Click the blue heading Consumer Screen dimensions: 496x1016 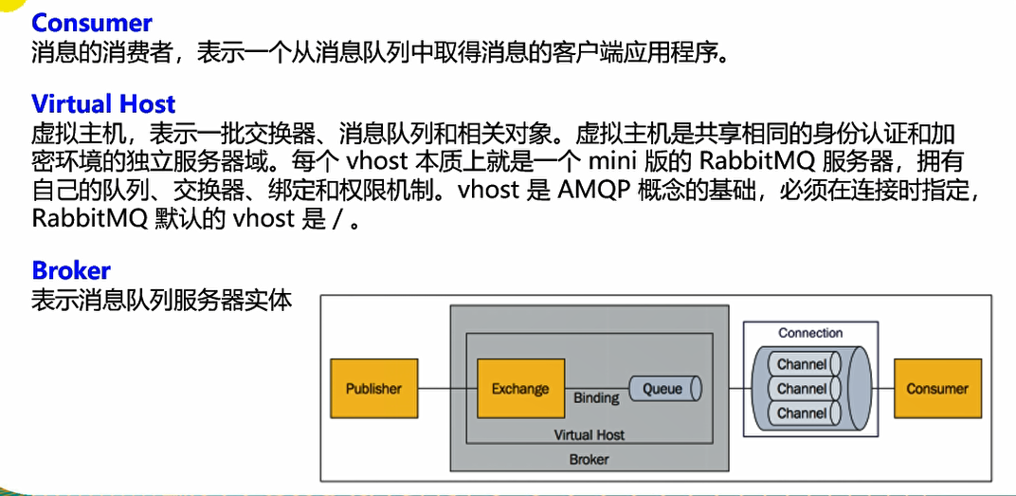click(92, 23)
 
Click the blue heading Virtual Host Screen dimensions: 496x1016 click(103, 103)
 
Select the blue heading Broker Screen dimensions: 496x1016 click(71, 270)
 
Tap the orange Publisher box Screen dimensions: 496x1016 click(373, 389)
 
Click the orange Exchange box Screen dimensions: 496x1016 click(520, 389)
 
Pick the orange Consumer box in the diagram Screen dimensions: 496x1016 click(936, 389)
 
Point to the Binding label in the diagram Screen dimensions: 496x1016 click(596, 399)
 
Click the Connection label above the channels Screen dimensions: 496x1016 click(810, 333)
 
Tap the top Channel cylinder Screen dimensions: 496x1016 click(802, 364)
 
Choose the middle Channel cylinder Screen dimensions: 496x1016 click(802, 389)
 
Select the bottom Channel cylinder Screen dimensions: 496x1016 click(802, 413)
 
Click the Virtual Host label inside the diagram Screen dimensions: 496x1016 click(589, 435)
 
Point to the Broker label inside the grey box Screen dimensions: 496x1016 click(589, 459)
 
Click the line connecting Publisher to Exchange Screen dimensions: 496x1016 click(447, 389)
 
